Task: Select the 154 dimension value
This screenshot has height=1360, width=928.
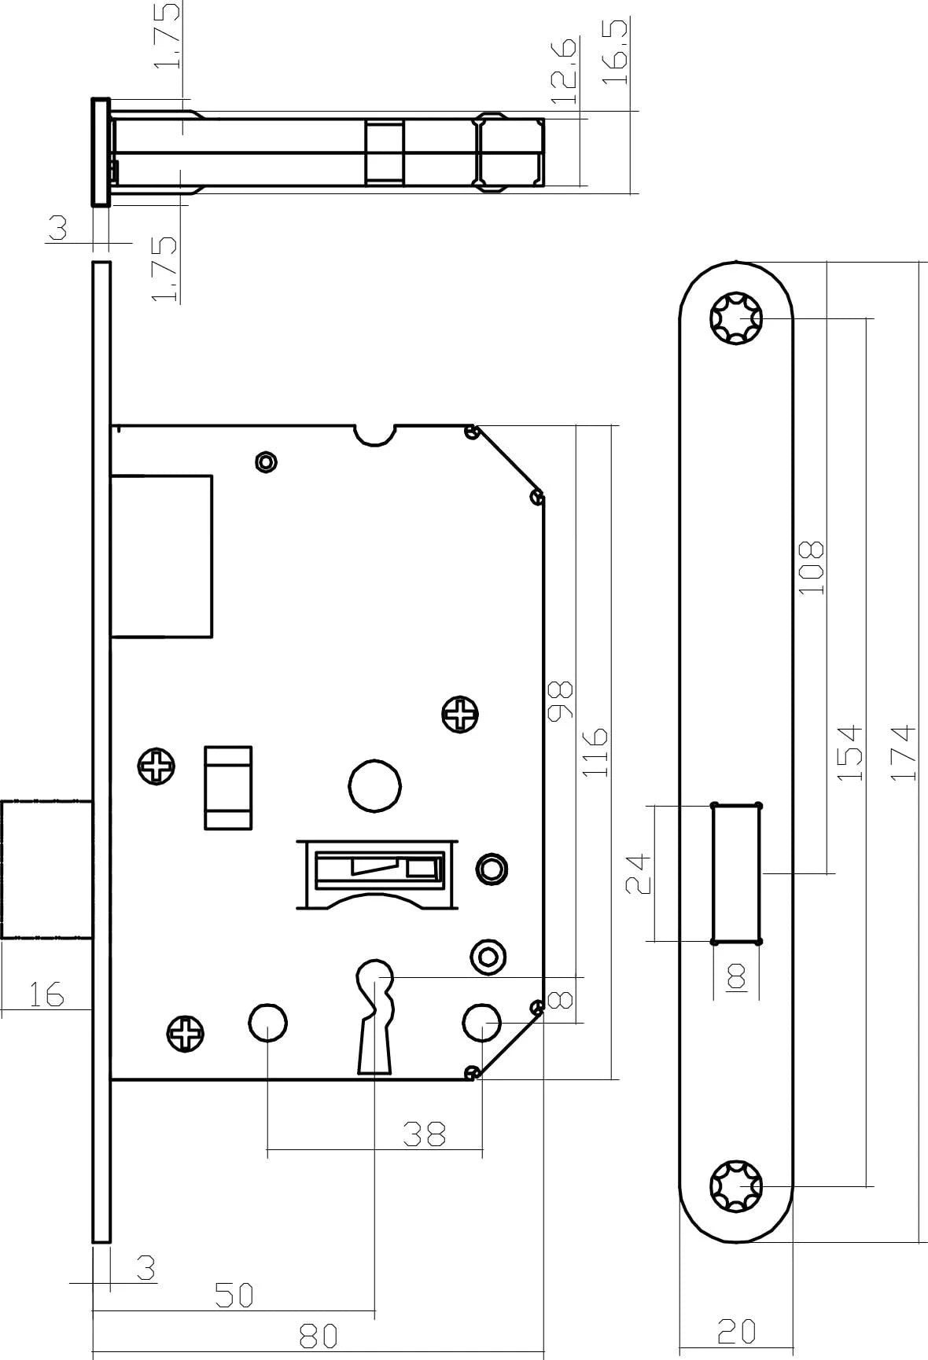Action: (x=849, y=752)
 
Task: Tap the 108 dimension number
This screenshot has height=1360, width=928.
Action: (x=811, y=568)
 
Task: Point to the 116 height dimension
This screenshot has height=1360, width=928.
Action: (x=596, y=752)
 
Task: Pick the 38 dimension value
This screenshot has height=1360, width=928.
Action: (x=425, y=1134)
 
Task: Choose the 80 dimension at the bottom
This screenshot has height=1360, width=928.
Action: (x=318, y=1335)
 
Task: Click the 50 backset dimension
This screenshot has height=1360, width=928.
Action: (x=234, y=1295)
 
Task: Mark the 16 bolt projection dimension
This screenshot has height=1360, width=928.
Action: (x=46, y=994)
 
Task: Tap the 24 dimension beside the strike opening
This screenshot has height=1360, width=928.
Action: (x=639, y=873)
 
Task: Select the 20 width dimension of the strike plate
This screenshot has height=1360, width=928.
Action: (x=737, y=1331)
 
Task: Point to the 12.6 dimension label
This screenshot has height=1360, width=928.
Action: (x=564, y=71)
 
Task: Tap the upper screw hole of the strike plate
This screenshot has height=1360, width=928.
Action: (x=736, y=318)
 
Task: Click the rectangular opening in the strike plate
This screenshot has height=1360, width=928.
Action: (x=736, y=873)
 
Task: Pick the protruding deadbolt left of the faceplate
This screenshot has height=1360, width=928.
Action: (x=46, y=869)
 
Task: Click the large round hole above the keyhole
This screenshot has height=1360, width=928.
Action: (x=374, y=785)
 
